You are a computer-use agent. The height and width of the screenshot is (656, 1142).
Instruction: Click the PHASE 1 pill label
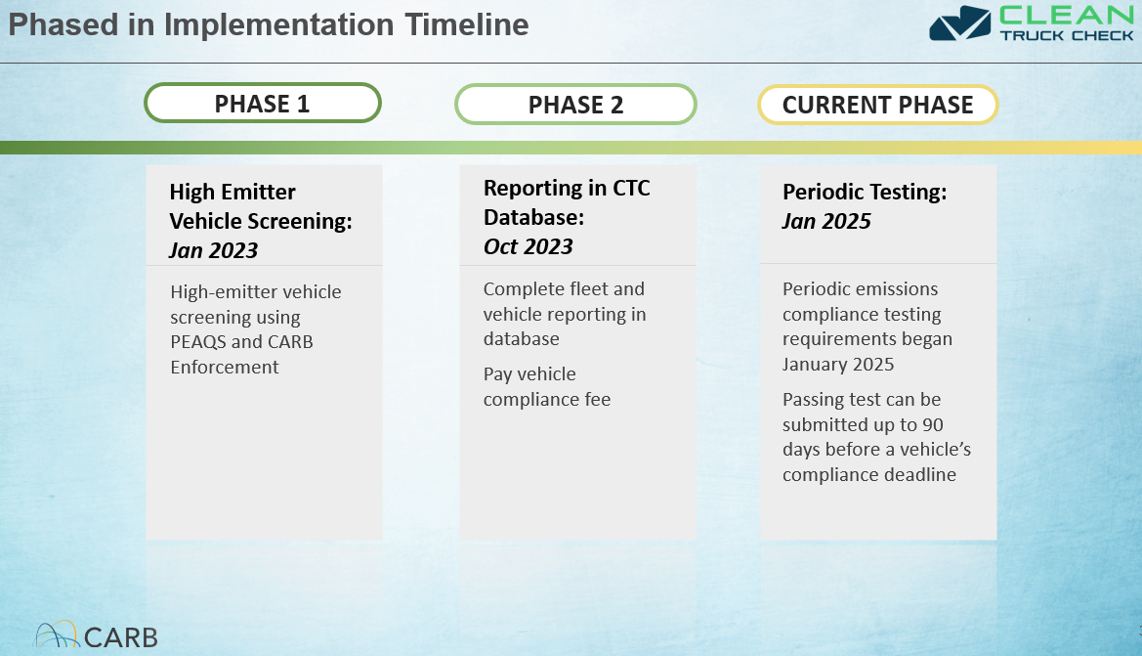(262, 104)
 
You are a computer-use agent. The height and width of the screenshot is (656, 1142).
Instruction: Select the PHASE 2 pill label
(576, 105)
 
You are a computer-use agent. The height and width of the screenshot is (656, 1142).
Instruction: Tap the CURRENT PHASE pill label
(877, 105)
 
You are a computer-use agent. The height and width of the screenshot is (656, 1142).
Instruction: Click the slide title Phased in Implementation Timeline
(268, 24)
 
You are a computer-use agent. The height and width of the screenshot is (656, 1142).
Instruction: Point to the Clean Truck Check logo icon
(960, 23)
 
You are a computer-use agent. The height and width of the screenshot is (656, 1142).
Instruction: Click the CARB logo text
(121, 637)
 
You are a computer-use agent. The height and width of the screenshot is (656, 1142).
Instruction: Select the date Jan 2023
(213, 250)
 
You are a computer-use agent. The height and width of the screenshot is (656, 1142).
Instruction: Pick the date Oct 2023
(529, 246)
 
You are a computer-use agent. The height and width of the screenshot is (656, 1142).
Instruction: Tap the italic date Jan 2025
(826, 221)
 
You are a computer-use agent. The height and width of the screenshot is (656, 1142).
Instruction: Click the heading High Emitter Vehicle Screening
(261, 206)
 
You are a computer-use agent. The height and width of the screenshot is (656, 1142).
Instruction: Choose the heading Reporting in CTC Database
(567, 202)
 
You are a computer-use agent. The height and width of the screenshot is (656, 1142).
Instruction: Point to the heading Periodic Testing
(865, 192)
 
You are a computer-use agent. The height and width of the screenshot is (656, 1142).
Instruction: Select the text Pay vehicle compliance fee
(547, 386)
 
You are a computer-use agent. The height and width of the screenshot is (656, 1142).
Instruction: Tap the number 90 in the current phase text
(933, 424)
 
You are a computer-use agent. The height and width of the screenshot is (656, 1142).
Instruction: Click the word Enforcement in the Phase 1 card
(225, 367)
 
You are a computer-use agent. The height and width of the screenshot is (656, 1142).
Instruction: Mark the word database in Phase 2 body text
(522, 339)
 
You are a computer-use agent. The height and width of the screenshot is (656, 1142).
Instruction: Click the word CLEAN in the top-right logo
(1067, 16)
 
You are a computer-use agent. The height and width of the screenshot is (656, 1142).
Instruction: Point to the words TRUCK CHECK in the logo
(1067, 36)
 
